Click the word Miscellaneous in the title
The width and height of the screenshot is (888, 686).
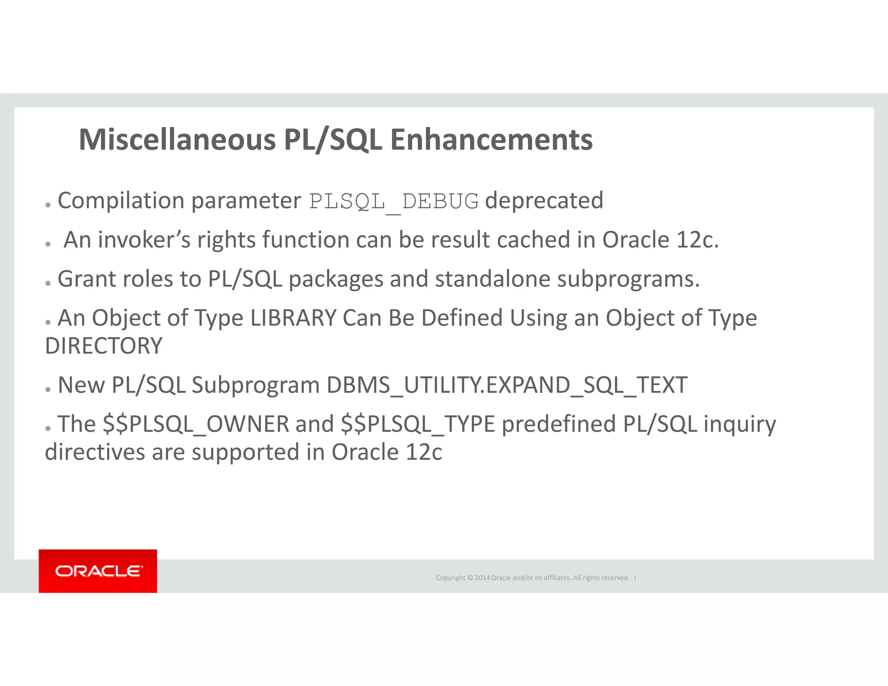tap(177, 140)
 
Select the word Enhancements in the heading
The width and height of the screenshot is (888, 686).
tap(491, 140)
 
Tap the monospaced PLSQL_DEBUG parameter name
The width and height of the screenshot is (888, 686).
tap(394, 202)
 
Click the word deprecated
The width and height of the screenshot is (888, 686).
tap(544, 201)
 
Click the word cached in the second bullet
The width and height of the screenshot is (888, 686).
tap(533, 240)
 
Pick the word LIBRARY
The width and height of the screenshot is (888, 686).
tap(294, 318)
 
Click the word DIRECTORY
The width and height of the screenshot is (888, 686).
tap(104, 346)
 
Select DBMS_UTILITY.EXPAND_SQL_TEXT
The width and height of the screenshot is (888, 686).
tap(507, 385)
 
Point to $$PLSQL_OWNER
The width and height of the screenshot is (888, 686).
tap(196, 424)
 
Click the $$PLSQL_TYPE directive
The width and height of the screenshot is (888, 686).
tap(418, 424)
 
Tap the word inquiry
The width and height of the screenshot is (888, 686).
tap(740, 424)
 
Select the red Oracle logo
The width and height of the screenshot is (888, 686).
tap(98, 571)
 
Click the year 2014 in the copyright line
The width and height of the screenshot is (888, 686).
tap(482, 578)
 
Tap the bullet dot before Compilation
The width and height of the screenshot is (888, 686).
tap(48, 204)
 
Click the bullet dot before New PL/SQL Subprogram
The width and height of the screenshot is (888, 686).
tap(48, 389)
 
